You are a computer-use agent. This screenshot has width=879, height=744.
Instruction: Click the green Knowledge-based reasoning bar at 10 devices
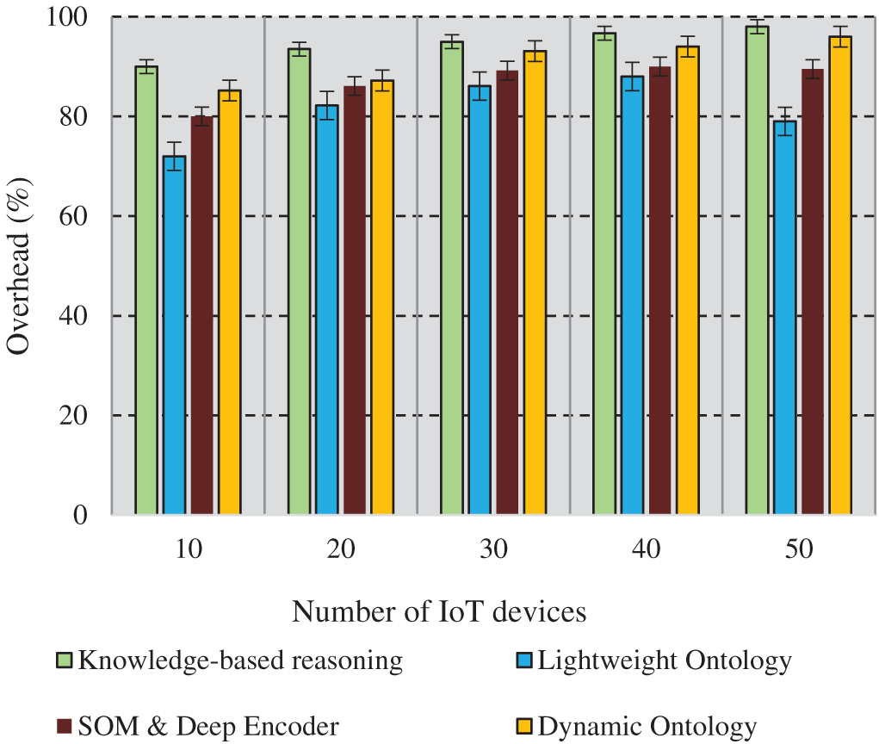point(146,293)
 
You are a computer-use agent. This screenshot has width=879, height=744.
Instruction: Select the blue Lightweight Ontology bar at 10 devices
point(174,336)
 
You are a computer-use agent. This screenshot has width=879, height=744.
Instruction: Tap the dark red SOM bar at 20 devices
point(354,301)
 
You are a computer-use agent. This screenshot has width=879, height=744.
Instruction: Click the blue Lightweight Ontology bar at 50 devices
point(784,319)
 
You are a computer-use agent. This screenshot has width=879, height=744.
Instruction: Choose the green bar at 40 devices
point(604,276)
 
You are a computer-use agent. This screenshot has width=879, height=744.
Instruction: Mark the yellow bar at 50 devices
point(839,276)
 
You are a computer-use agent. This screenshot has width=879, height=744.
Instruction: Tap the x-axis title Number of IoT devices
point(439,611)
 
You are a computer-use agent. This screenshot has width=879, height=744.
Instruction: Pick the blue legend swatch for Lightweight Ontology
point(524,661)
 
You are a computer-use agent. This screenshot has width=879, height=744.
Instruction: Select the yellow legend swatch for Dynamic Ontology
point(524,727)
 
